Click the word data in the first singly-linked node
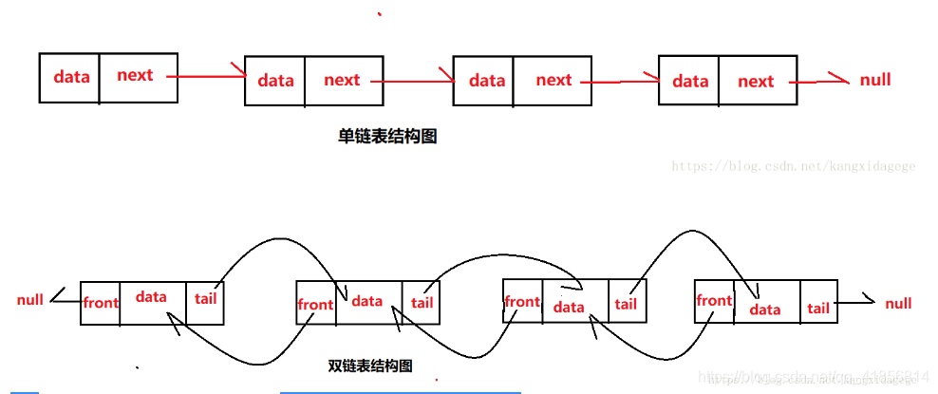point(71,76)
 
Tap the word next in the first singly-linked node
point(135,75)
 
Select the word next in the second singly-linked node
point(342,80)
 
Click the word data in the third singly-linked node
point(487,81)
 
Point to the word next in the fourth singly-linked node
point(756,81)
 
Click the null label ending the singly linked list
point(875,80)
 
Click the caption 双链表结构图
point(369,366)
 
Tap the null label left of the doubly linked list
point(30,300)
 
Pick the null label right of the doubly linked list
point(898,304)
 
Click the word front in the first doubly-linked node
point(101,303)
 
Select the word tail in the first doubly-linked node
point(205,298)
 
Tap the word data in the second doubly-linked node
point(367,301)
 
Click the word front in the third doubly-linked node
point(522,302)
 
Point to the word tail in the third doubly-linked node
point(626,304)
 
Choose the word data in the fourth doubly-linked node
point(765,309)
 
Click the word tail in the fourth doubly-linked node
point(818,308)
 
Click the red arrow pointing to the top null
point(821,80)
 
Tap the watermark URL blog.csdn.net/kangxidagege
point(794,166)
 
